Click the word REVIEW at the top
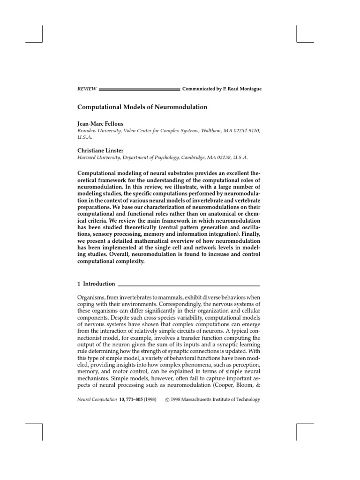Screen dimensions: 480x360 87,89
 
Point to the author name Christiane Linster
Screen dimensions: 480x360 100,150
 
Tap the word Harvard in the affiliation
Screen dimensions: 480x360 87,158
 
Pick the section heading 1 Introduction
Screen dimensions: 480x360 96,284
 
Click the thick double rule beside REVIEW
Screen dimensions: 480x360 139,89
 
